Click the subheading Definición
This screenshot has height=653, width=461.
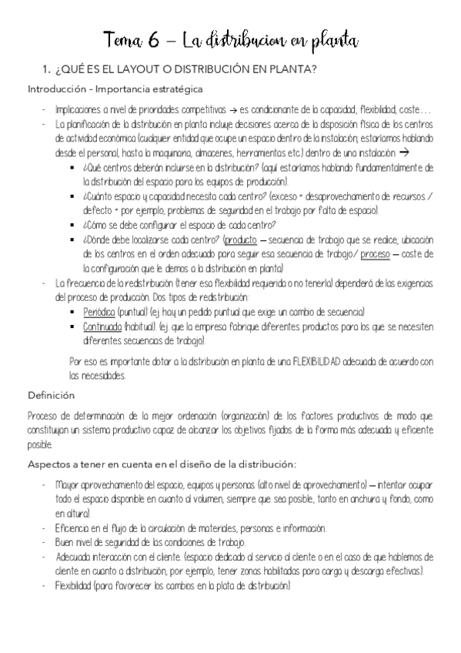click(51, 395)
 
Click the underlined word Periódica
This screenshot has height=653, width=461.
click(99, 312)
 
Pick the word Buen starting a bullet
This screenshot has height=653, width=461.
click(65, 543)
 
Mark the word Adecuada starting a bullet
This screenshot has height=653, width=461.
click(75, 557)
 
